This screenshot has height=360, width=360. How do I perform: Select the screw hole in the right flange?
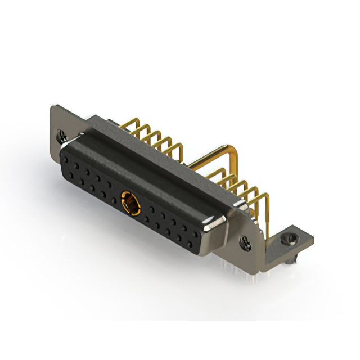click(x=246, y=243)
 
